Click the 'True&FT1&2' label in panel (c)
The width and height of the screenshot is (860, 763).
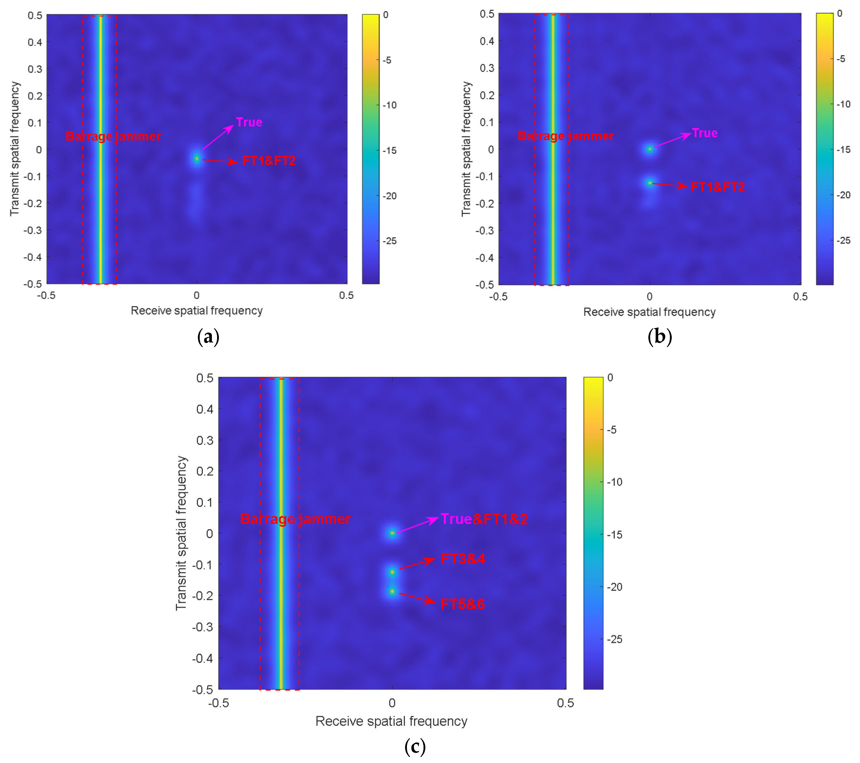pyautogui.click(x=484, y=519)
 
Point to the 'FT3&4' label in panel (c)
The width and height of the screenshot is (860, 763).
pyautogui.click(x=463, y=559)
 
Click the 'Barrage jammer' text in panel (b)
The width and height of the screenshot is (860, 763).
pyautogui.click(x=565, y=136)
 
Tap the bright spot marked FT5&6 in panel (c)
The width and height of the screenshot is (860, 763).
pyautogui.click(x=392, y=591)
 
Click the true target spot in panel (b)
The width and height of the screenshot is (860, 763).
pyautogui.click(x=650, y=149)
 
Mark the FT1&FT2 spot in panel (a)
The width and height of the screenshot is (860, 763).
pyautogui.click(x=197, y=159)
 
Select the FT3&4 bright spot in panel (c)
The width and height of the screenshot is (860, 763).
pyautogui.click(x=392, y=572)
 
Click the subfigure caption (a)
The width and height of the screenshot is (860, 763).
pyautogui.click(x=208, y=337)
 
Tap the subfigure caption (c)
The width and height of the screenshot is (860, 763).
pyautogui.click(x=415, y=747)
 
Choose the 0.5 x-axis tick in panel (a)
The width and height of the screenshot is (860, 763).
pyautogui.click(x=346, y=295)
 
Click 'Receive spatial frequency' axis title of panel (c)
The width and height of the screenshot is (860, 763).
pyautogui.click(x=391, y=721)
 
